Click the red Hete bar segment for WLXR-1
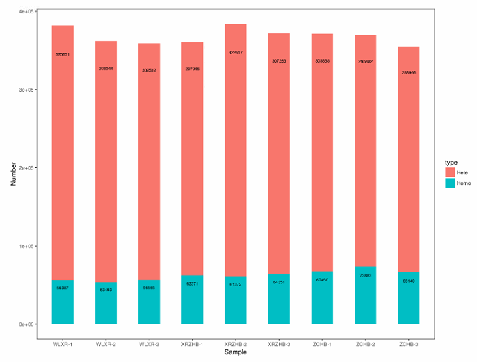63,153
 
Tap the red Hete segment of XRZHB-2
236,153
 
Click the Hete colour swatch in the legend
450,172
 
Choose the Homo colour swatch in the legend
450,183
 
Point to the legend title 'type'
451,162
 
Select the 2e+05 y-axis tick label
26,168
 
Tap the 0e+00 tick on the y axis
26,324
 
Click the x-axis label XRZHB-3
279,344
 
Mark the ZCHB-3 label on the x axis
409,344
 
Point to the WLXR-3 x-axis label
149,344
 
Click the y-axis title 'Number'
13,173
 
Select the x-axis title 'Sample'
236,352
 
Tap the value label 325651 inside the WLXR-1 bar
63,54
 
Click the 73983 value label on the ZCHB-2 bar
365,276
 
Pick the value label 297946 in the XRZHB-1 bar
193,69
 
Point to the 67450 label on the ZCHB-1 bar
322,280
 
